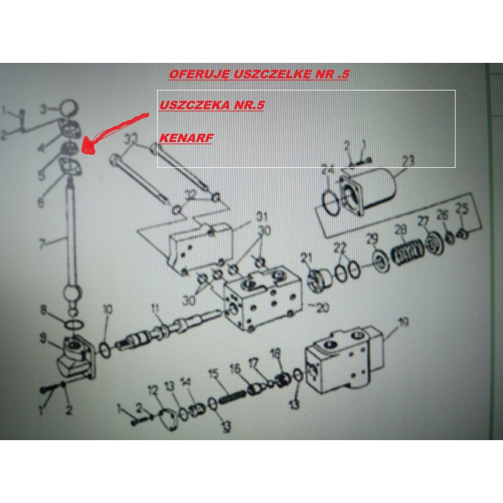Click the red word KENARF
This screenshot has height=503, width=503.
point(186,138)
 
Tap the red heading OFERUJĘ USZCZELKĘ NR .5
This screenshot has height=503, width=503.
point(259,74)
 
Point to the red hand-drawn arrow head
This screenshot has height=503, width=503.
point(89,146)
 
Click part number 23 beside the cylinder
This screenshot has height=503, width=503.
point(408,161)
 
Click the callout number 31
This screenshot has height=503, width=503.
point(262,216)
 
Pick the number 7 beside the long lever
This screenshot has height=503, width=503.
point(43,244)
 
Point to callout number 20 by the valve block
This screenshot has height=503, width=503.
point(323,307)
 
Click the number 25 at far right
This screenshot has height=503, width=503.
point(462,209)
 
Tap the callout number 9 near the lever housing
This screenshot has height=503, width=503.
point(43,338)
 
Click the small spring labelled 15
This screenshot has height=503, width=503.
point(233,397)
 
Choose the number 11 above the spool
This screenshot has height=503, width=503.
point(155,309)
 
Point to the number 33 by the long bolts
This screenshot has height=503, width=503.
point(131,140)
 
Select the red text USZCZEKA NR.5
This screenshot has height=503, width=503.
point(212,105)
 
